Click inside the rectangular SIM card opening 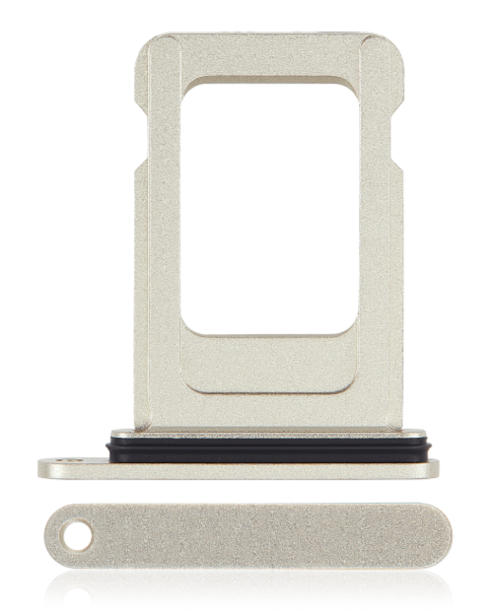point(268,207)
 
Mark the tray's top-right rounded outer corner point(394,43)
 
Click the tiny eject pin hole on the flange point(66,461)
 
